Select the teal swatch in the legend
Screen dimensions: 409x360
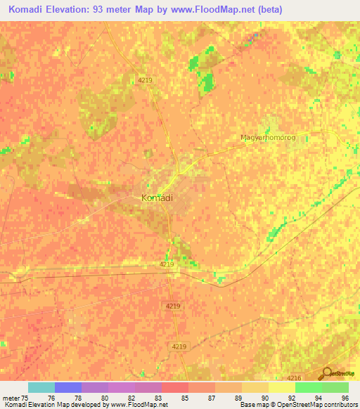41,387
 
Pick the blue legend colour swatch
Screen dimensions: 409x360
68,387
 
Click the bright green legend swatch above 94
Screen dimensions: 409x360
309,387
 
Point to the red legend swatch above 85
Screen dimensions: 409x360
175,387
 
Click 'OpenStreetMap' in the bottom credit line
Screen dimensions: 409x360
293,405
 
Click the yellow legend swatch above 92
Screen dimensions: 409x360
282,387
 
